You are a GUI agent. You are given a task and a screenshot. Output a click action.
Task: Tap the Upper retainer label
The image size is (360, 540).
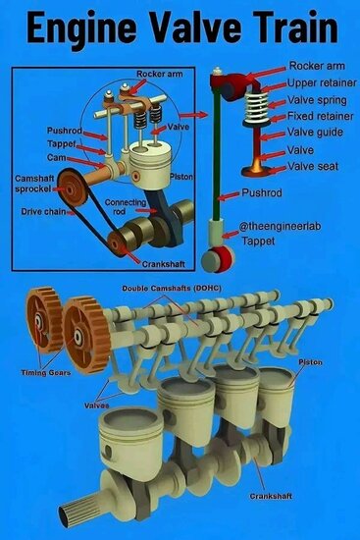322,83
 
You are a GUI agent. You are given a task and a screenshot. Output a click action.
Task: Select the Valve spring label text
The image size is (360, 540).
317,100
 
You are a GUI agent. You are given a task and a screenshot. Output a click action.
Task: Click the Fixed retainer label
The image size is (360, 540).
321,116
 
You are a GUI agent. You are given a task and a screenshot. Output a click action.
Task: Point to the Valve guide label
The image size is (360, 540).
315,133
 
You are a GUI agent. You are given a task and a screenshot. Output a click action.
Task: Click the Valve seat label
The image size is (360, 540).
313,166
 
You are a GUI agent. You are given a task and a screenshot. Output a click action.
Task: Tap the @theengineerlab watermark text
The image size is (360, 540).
281,226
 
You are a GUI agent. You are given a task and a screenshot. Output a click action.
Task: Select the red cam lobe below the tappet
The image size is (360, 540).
223,258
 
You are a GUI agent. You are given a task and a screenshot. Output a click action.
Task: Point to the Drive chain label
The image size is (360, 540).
43,211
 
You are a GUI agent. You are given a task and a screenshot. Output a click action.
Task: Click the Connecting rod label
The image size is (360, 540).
125,207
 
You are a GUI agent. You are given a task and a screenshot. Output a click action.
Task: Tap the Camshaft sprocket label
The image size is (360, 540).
34,184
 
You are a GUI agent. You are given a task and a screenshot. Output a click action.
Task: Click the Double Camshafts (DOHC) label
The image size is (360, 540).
172,288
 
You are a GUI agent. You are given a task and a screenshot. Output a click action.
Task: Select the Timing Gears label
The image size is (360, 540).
46,373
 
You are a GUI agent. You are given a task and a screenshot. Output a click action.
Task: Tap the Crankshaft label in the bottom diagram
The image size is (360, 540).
271,496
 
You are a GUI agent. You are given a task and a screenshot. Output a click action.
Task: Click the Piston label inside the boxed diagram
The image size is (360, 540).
181,177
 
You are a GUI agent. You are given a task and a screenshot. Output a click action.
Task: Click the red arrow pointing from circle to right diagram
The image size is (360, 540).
194,116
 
